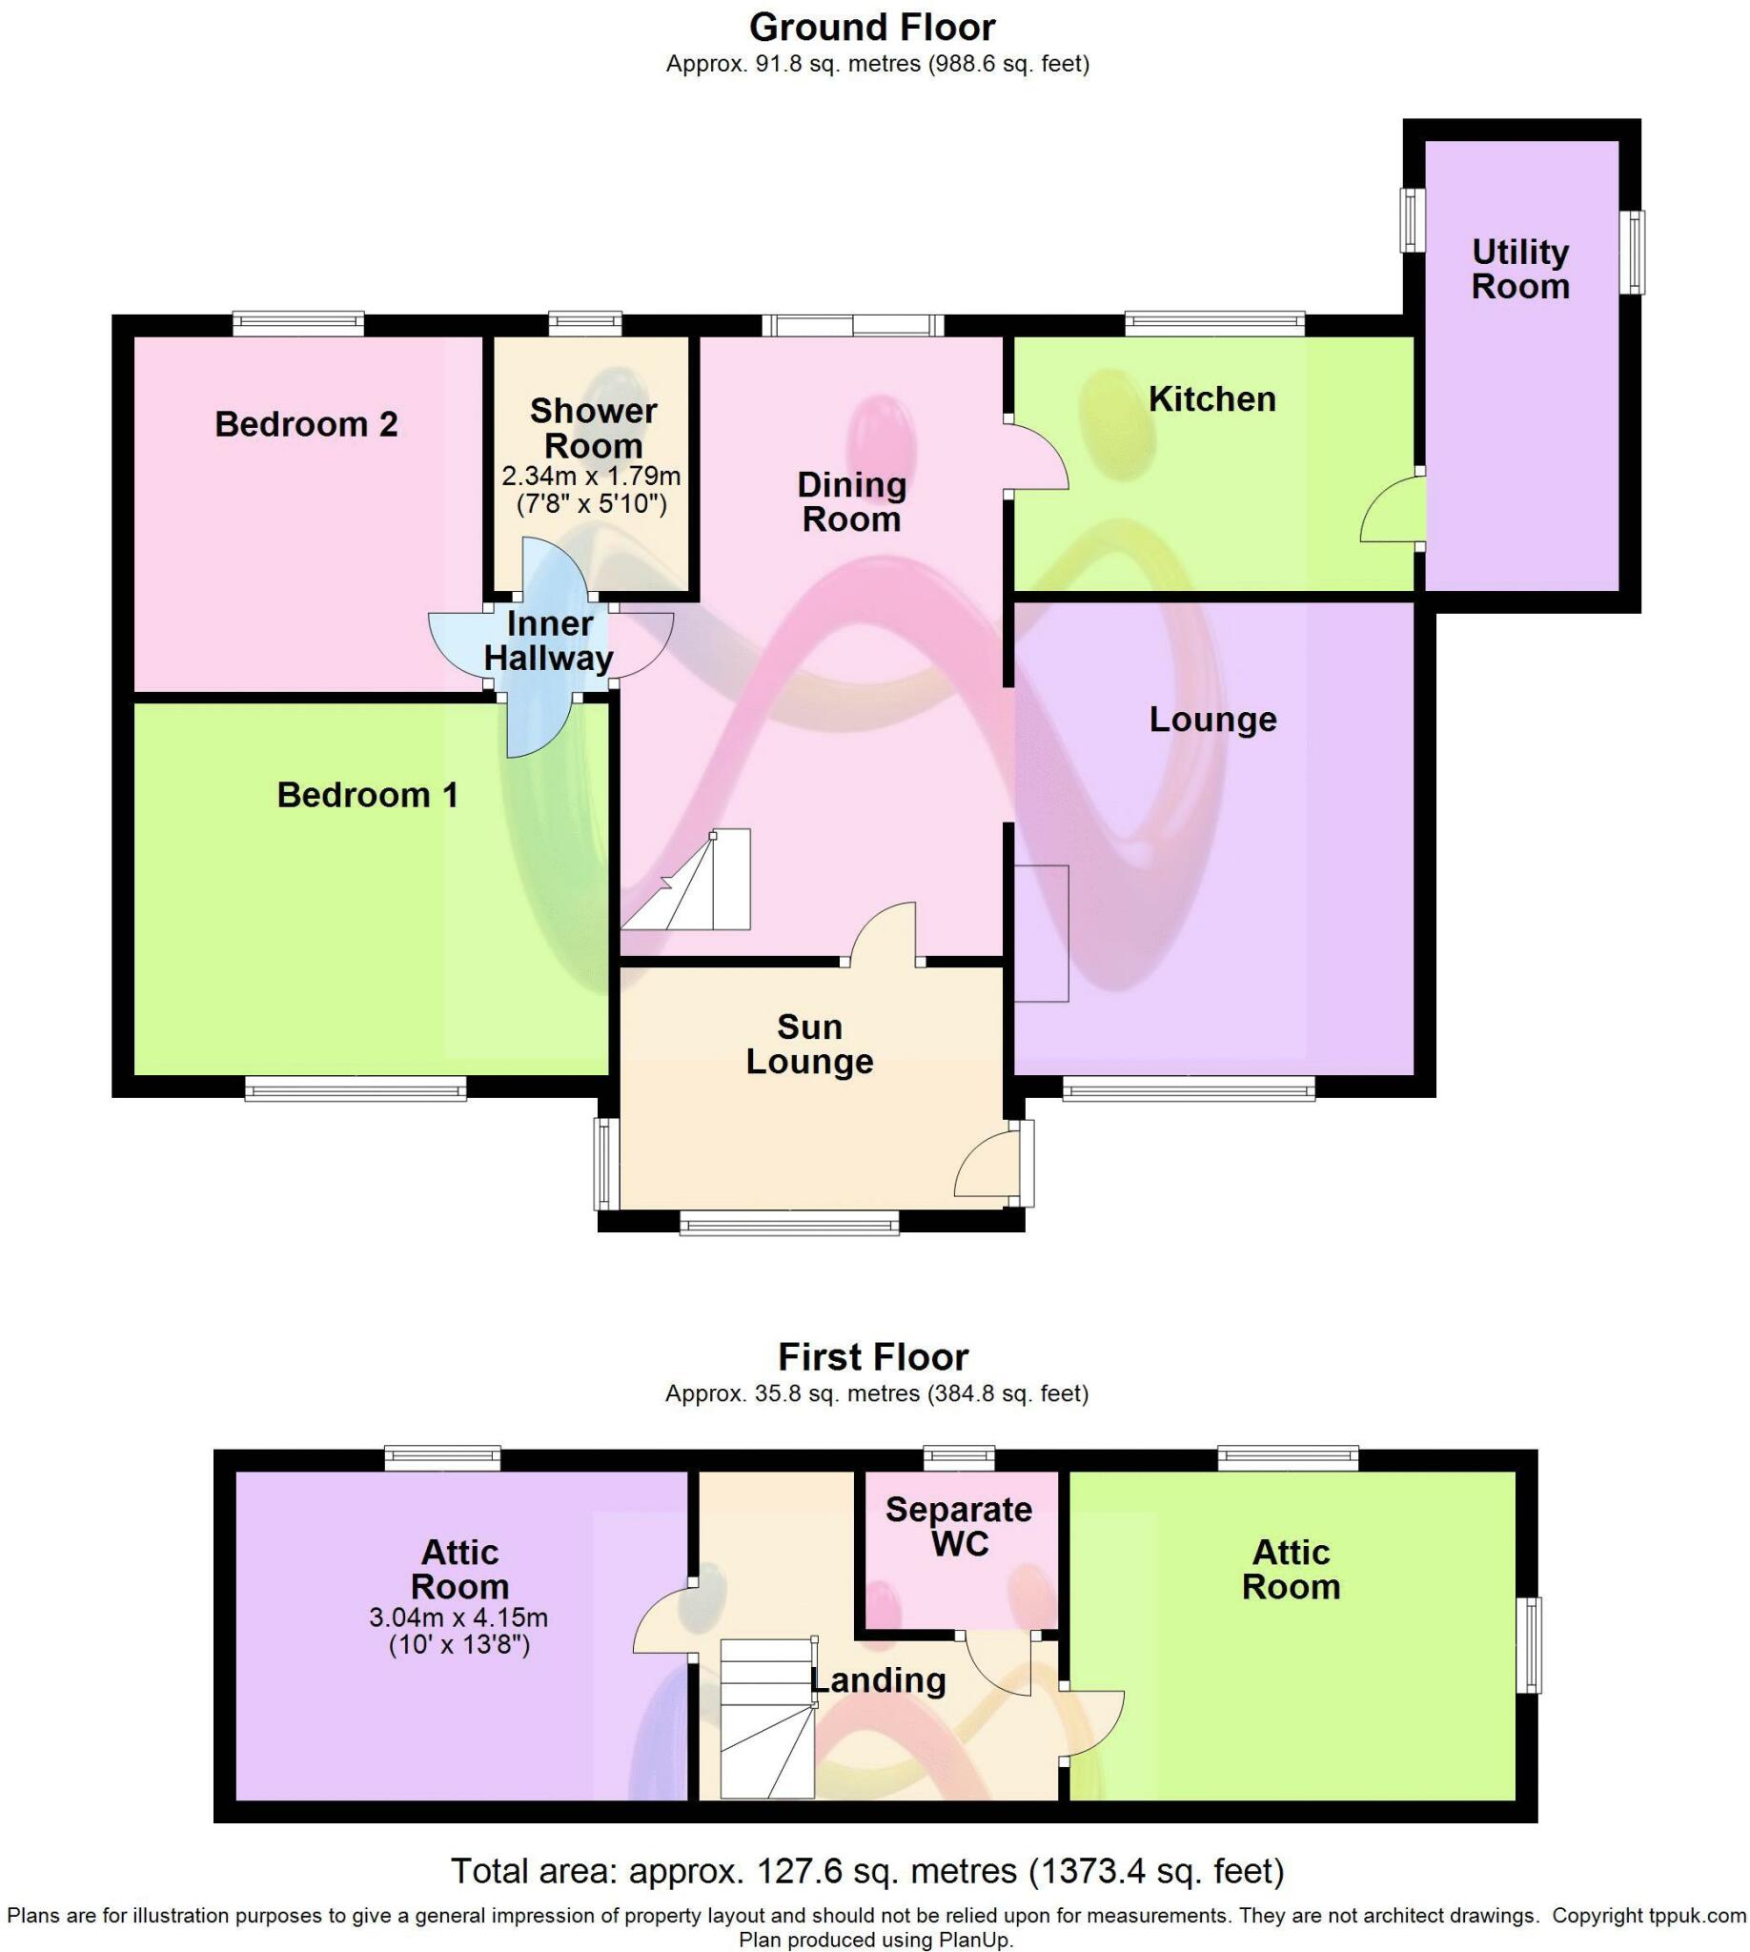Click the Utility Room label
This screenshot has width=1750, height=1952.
pyautogui.click(x=1520, y=269)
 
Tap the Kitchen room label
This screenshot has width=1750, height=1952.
pyautogui.click(x=1211, y=399)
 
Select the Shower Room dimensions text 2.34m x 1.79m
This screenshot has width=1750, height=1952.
pyautogui.click(x=591, y=476)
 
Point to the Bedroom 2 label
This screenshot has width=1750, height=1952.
pyautogui.click(x=306, y=424)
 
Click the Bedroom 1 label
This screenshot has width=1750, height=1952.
pyautogui.click(x=367, y=795)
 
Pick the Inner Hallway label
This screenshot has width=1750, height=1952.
pyautogui.click(x=549, y=641)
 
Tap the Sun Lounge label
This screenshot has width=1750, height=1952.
pyautogui.click(x=809, y=1045)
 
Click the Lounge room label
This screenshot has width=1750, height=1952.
pyautogui.click(x=1212, y=720)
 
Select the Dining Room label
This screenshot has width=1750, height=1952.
pyautogui.click(x=852, y=502)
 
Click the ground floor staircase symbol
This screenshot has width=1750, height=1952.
pyautogui.click(x=685, y=880)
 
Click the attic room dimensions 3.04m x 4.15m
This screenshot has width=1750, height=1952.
pyautogui.click(x=458, y=1617)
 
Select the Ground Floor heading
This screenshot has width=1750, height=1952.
pyautogui.click(x=872, y=27)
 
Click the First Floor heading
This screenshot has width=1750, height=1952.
pyautogui.click(x=873, y=1357)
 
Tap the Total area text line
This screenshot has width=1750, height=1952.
pyautogui.click(x=867, y=1870)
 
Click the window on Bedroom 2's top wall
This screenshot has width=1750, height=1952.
pyautogui.click(x=298, y=323)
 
